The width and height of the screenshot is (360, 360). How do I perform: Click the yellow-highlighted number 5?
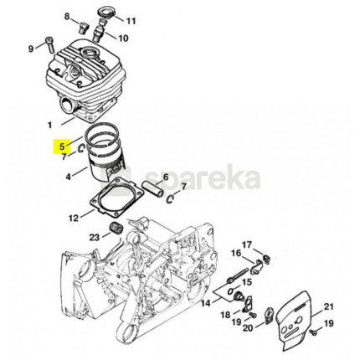[62, 146]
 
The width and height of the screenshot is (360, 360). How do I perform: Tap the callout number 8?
[67, 17]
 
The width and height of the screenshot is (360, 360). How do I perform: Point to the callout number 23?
[95, 238]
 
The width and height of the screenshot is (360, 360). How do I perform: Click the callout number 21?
[328, 307]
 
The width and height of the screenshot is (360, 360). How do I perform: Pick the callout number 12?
[74, 218]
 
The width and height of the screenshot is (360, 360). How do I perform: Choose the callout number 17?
[246, 244]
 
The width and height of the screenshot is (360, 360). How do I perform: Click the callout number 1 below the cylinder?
[50, 125]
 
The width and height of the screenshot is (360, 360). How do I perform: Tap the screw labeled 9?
[49, 44]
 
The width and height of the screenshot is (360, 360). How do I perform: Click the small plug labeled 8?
[83, 28]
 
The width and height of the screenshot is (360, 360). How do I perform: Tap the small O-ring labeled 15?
[230, 291]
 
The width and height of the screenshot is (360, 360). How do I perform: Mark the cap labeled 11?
[105, 13]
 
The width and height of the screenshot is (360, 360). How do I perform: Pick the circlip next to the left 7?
[81, 148]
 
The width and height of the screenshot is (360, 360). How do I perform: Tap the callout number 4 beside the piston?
[69, 177]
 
